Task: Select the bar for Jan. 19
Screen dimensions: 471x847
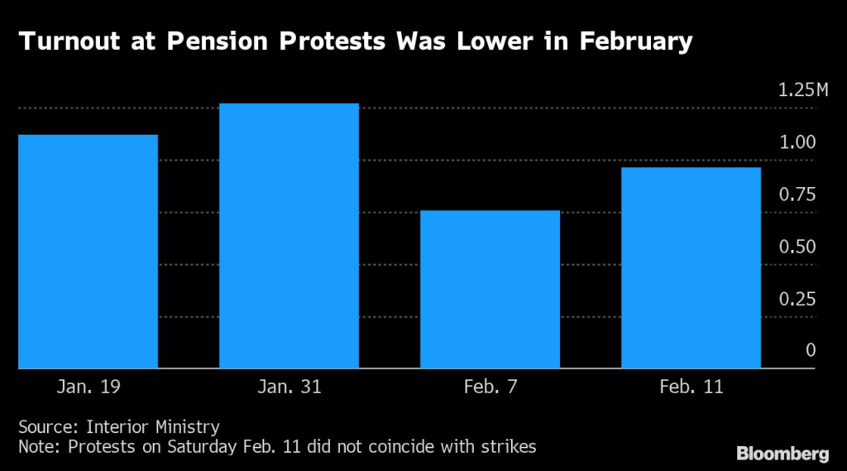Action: [89, 252]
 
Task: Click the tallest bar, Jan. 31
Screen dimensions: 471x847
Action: [289, 236]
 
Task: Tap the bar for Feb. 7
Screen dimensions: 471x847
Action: [490, 290]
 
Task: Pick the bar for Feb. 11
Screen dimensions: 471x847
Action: [691, 268]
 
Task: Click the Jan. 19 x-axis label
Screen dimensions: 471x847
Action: [89, 387]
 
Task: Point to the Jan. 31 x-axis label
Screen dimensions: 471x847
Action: [289, 387]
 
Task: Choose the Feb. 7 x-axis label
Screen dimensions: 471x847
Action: [490, 387]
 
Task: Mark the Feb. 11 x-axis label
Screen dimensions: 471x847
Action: [691, 387]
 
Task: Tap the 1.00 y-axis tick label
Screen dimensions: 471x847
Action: [797, 142]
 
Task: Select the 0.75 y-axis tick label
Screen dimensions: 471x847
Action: [797, 195]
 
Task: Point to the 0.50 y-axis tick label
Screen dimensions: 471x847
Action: [797, 247]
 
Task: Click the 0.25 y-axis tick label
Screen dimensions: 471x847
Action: [797, 299]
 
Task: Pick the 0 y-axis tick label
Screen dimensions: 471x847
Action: [811, 350]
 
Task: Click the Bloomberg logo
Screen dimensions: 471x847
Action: [782, 453]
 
